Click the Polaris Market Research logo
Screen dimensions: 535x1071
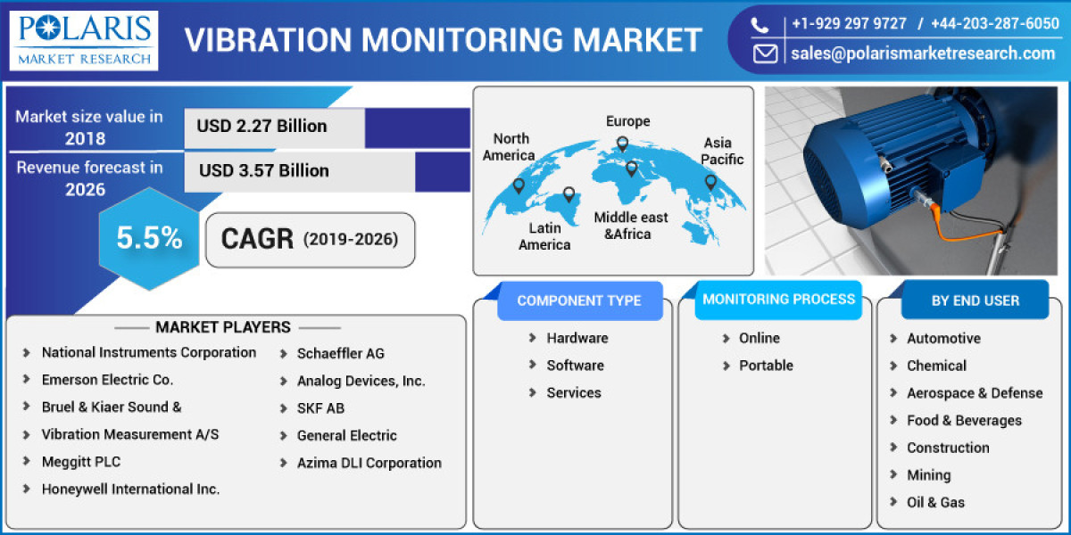click(84, 40)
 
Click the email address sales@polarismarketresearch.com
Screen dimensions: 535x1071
click(922, 53)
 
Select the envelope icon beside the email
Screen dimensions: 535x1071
click(765, 53)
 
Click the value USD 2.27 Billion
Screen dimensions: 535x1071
click(262, 126)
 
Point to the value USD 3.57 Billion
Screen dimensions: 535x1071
click(263, 170)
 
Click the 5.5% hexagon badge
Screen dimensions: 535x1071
click(149, 238)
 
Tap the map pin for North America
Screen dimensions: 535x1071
click(519, 185)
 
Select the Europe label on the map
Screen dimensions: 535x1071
click(627, 121)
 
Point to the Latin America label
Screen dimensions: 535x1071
click(544, 236)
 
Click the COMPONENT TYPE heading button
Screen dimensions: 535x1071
click(578, 300)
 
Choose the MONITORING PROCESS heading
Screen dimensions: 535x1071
click(778, 300)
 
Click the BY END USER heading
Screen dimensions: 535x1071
click(975, 300)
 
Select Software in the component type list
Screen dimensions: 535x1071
click(575, 366)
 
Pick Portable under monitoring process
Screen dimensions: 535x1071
click(765, 366)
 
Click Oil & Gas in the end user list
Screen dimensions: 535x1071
click(935, 502)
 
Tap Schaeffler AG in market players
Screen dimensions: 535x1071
click(340, 353)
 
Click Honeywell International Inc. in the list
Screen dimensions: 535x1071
click(130, 489)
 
